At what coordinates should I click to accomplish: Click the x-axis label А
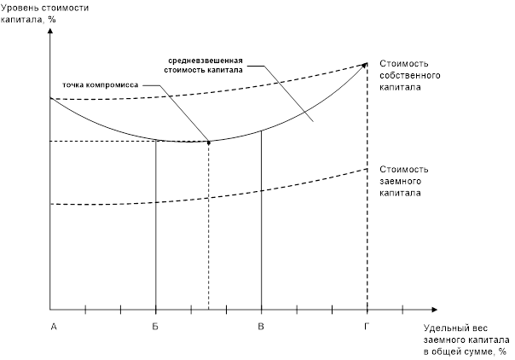pos(53,325)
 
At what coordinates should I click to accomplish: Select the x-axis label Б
pos(155,325)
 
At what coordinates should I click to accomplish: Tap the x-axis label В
pos(261,325)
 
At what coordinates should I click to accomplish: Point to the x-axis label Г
pos(367,325)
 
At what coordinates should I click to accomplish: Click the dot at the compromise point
pos(209,141)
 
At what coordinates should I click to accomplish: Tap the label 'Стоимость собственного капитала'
pos(406,75)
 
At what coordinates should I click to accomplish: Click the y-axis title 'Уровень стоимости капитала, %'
pos(38,13)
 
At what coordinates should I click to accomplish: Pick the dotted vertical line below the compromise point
pos(209,226)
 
